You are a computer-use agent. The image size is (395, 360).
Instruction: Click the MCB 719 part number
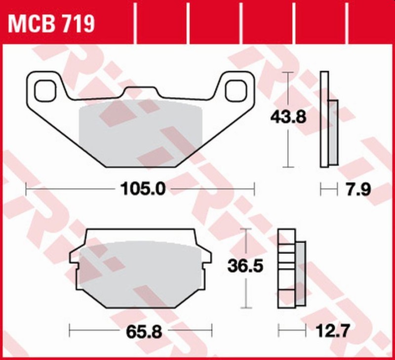pos(51,23)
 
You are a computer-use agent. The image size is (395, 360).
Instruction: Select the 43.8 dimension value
pos(288,117)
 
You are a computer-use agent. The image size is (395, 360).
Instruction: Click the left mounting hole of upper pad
pos(44,90)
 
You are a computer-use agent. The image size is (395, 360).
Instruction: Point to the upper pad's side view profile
pos(324,119)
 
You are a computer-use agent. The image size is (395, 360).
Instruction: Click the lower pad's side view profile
pos(287,267)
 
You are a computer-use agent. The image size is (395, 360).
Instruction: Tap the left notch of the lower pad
pos(75,264)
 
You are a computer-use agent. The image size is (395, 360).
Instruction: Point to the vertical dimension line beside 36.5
pos(246,291)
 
